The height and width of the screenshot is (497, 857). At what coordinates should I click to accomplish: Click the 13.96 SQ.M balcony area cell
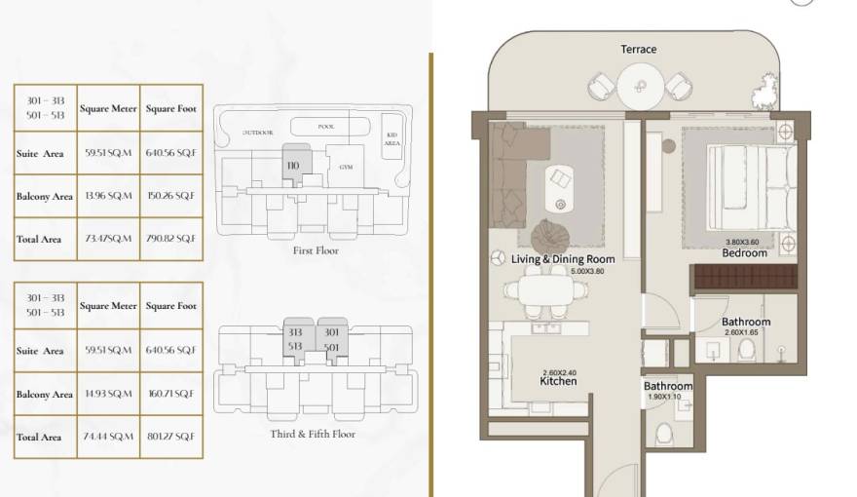click(108, 196)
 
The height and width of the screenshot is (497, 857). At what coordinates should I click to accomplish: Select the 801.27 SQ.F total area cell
click(171, 437)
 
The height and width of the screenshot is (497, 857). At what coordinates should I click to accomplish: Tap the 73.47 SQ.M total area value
click(108, 239)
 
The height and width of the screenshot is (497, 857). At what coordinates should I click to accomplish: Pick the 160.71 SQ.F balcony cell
click(171, 394)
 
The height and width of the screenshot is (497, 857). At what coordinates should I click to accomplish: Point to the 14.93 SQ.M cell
click(108, 394)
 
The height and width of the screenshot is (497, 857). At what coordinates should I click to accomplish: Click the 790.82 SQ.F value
click(171, 239)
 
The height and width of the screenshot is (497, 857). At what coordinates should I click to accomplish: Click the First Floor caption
click(316, 250)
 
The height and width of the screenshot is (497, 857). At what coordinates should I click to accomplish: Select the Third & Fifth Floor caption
click(313, 434)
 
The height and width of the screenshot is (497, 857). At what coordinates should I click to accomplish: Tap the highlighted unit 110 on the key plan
click(294, 165)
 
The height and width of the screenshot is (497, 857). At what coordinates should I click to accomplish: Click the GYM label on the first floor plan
click(346, 167)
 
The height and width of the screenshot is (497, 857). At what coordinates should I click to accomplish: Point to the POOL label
click(326, 127)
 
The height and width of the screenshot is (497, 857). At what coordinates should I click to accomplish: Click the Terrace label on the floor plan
click(639, 49)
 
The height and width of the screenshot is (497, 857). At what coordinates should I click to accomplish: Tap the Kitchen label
click(559, 381)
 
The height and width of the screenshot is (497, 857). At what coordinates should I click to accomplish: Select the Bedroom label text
click(744, 253)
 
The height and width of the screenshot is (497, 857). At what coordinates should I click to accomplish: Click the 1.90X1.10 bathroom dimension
click(667, 398)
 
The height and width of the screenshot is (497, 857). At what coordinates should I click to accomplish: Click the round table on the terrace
click(640, 84)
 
